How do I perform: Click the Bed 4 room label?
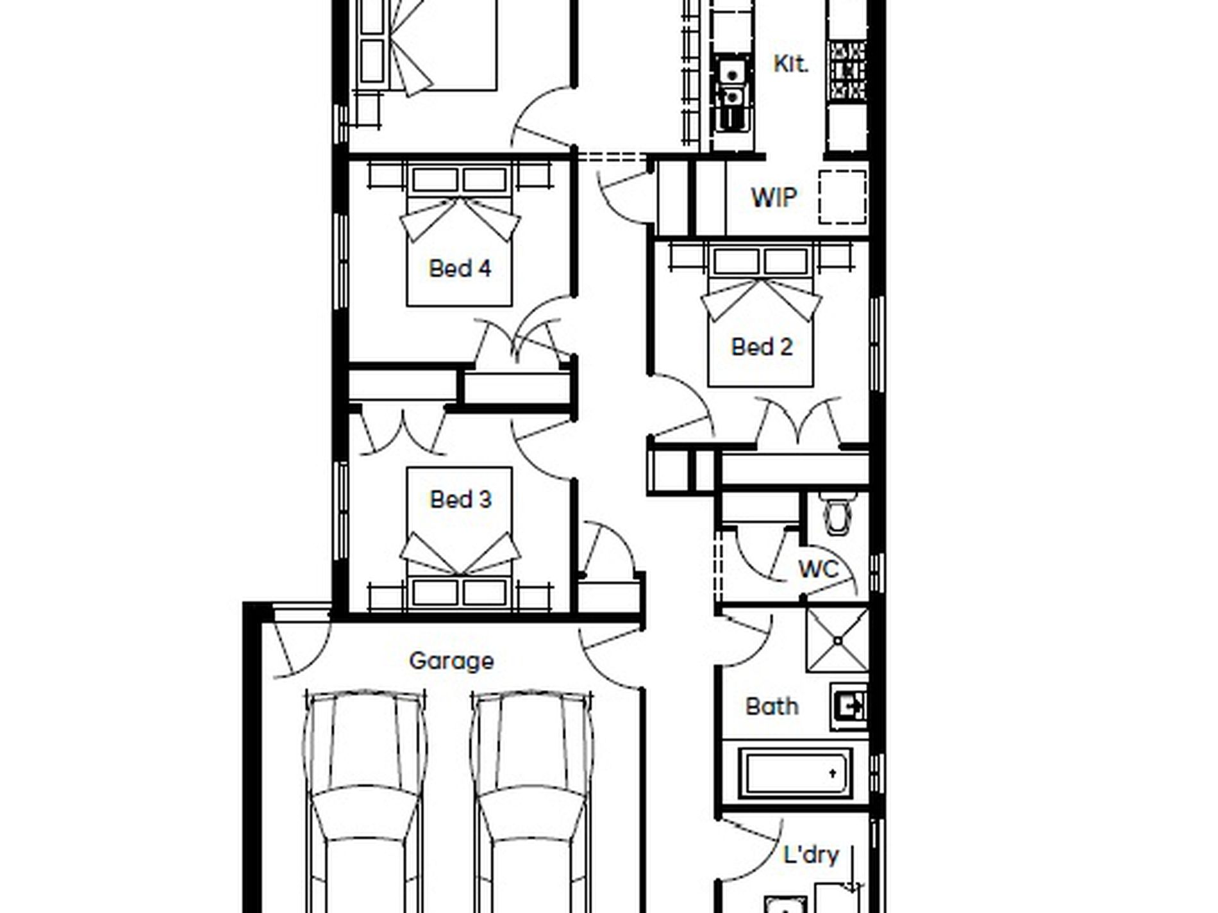[x=460, y=268]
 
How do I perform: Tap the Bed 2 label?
[x=762, y=347]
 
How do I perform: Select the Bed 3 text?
[x=460, y=499]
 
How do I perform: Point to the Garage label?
[x=451, y=661]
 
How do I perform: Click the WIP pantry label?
[x=774, y=198]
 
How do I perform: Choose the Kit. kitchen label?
[x=791, y=63]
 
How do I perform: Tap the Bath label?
[x=772, y=706]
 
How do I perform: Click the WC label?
[x=819, y=569]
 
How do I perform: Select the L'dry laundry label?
[x=811, y=855]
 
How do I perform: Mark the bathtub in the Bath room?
[x=796, y=772]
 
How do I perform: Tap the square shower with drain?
[x=838, y=640]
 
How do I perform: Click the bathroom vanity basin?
[x=849, y=706]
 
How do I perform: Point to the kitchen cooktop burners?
[x=847, y=70]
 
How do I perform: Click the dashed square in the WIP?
[x=843, y=197]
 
